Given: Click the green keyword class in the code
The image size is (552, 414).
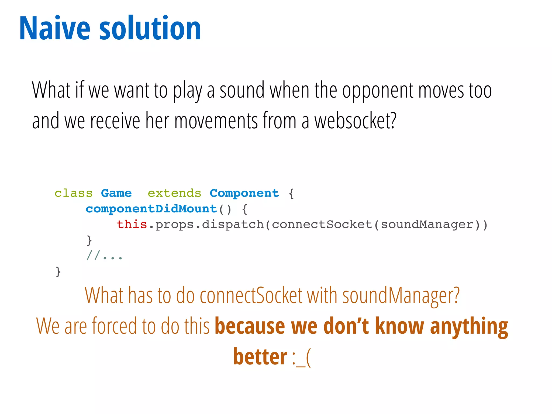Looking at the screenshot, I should [x=73, y=194].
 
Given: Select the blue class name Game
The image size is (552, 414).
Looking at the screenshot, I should [x=116, y=193].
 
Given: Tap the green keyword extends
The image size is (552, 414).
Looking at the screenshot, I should [x=174, y=193].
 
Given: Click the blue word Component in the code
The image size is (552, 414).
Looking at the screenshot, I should [x=244, y=194].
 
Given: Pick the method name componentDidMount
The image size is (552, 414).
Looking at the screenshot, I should [x=151, y=209].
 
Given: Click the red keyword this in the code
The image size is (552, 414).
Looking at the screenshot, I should [x=132, y=225].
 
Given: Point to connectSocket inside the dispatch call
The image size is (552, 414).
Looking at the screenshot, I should [x=322, y=225].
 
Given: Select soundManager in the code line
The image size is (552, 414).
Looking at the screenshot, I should [x=427, y=225].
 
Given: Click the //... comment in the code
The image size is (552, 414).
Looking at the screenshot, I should [x=104, y=256].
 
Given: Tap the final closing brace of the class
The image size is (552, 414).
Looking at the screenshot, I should [x=58, y=271].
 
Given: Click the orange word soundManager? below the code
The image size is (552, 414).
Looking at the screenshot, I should [x=401, y=296].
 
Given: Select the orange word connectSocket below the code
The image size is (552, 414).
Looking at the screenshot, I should [x=251, y=296].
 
